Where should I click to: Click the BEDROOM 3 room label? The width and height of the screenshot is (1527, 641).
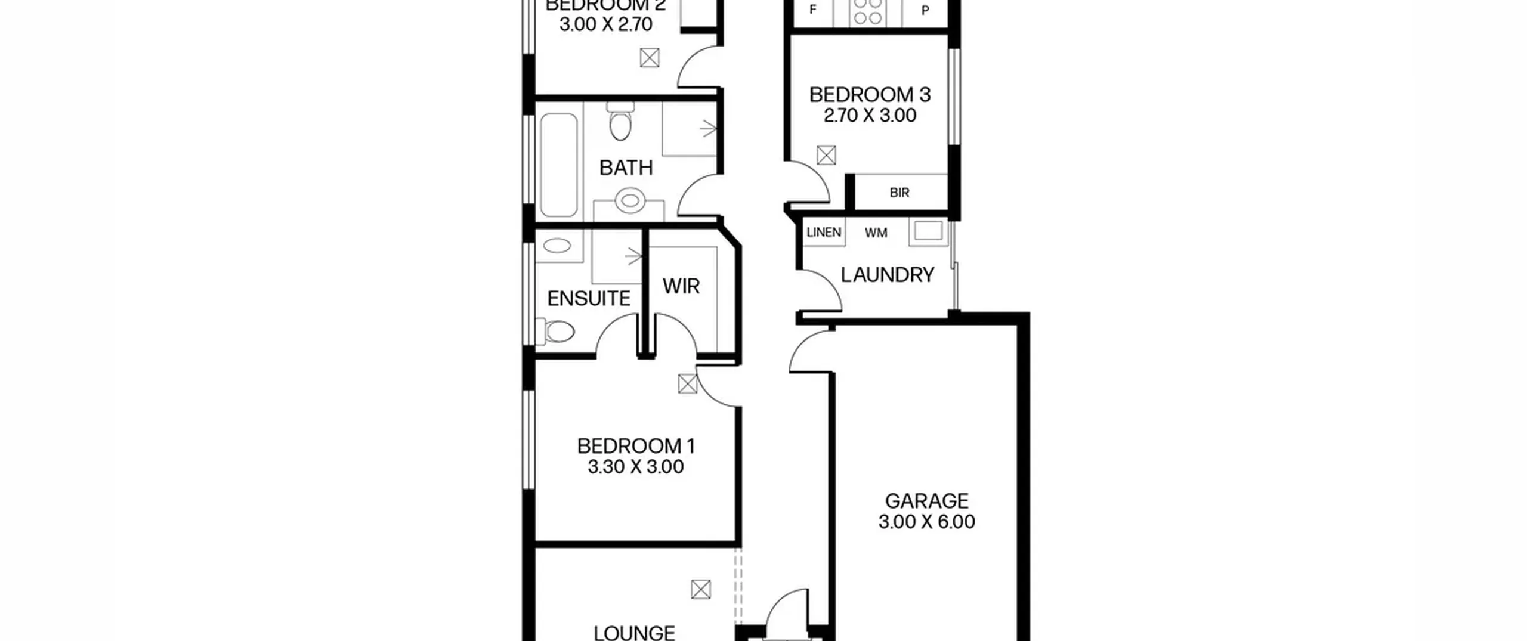(x=870, y=95)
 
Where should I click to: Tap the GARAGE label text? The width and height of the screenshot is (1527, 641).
(x=926, y=501)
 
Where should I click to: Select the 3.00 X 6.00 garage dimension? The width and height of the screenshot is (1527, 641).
(x=926, y=522)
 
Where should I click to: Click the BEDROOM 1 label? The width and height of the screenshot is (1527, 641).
(x=636, y=446)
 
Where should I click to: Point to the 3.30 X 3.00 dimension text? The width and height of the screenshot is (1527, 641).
(x=636, y=467)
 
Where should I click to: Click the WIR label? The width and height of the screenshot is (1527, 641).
(x=681, y=286)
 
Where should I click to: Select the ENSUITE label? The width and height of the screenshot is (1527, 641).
(x=589, y=298)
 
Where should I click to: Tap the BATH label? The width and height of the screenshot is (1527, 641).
(x=626, y=168)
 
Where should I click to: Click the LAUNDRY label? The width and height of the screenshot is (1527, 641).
(x=888, y=275)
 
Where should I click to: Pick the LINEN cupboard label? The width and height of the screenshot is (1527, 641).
(x=824, y=233)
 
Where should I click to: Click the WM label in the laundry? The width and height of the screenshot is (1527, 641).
(x=876, y=233)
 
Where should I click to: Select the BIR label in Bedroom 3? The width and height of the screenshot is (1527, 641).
(x=899, y=193)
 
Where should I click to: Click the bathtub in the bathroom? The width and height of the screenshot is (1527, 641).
(x=559, y=165)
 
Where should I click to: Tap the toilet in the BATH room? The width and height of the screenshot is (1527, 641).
(x=620, y=121)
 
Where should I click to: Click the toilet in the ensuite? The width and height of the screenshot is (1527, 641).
(x=555, y=332)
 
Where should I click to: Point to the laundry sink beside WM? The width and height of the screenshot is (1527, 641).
(x=928, y=231)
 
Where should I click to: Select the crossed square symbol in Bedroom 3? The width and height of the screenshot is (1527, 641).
(x=826, y=156)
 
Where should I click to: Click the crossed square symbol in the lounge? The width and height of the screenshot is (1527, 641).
(x=701, y=590)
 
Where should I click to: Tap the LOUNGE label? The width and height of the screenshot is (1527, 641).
(x=635, y=632)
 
